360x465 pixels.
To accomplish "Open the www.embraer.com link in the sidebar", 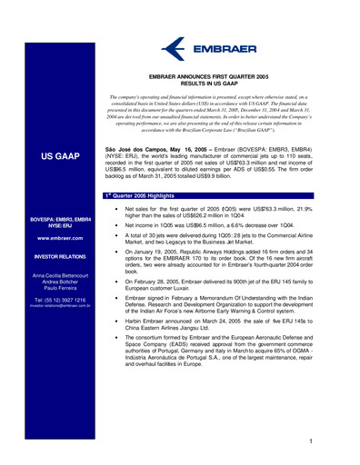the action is (63, 237).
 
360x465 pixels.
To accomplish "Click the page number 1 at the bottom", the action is (311, 440).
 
